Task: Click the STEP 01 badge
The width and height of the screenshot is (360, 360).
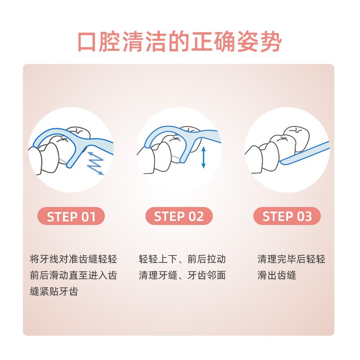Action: click(71, 216)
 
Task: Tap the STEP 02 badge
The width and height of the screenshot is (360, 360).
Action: click(179, 216)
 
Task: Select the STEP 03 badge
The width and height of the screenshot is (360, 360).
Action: click(287, 216)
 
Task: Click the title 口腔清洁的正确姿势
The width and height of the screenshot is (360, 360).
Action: click(180, 42)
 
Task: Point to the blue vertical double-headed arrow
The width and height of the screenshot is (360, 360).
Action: click(203, 157)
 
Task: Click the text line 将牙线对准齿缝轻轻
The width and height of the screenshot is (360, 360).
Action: click(73, 259)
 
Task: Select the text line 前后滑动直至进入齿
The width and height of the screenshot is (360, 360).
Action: click(73, 275)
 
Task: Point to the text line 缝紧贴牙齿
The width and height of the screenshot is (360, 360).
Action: click(54, 291)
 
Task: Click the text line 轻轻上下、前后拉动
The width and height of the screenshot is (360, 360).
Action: click(182, 259)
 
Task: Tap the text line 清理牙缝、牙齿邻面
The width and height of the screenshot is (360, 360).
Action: click(182, 275)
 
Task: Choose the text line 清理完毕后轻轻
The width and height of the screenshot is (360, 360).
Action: click(291, 259)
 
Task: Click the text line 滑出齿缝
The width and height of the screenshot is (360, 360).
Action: click(277, 275)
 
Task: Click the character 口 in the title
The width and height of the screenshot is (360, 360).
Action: click(87, 42)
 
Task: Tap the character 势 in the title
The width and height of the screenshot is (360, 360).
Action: click(271, 42)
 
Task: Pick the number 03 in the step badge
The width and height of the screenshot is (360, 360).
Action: click(305, 216)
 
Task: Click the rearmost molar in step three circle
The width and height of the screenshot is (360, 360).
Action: click(297, 138)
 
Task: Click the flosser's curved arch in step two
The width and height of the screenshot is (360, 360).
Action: click(161, 133)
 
